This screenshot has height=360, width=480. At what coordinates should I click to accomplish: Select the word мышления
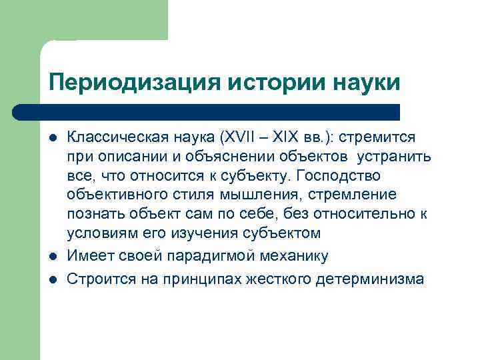click(259, 195)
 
